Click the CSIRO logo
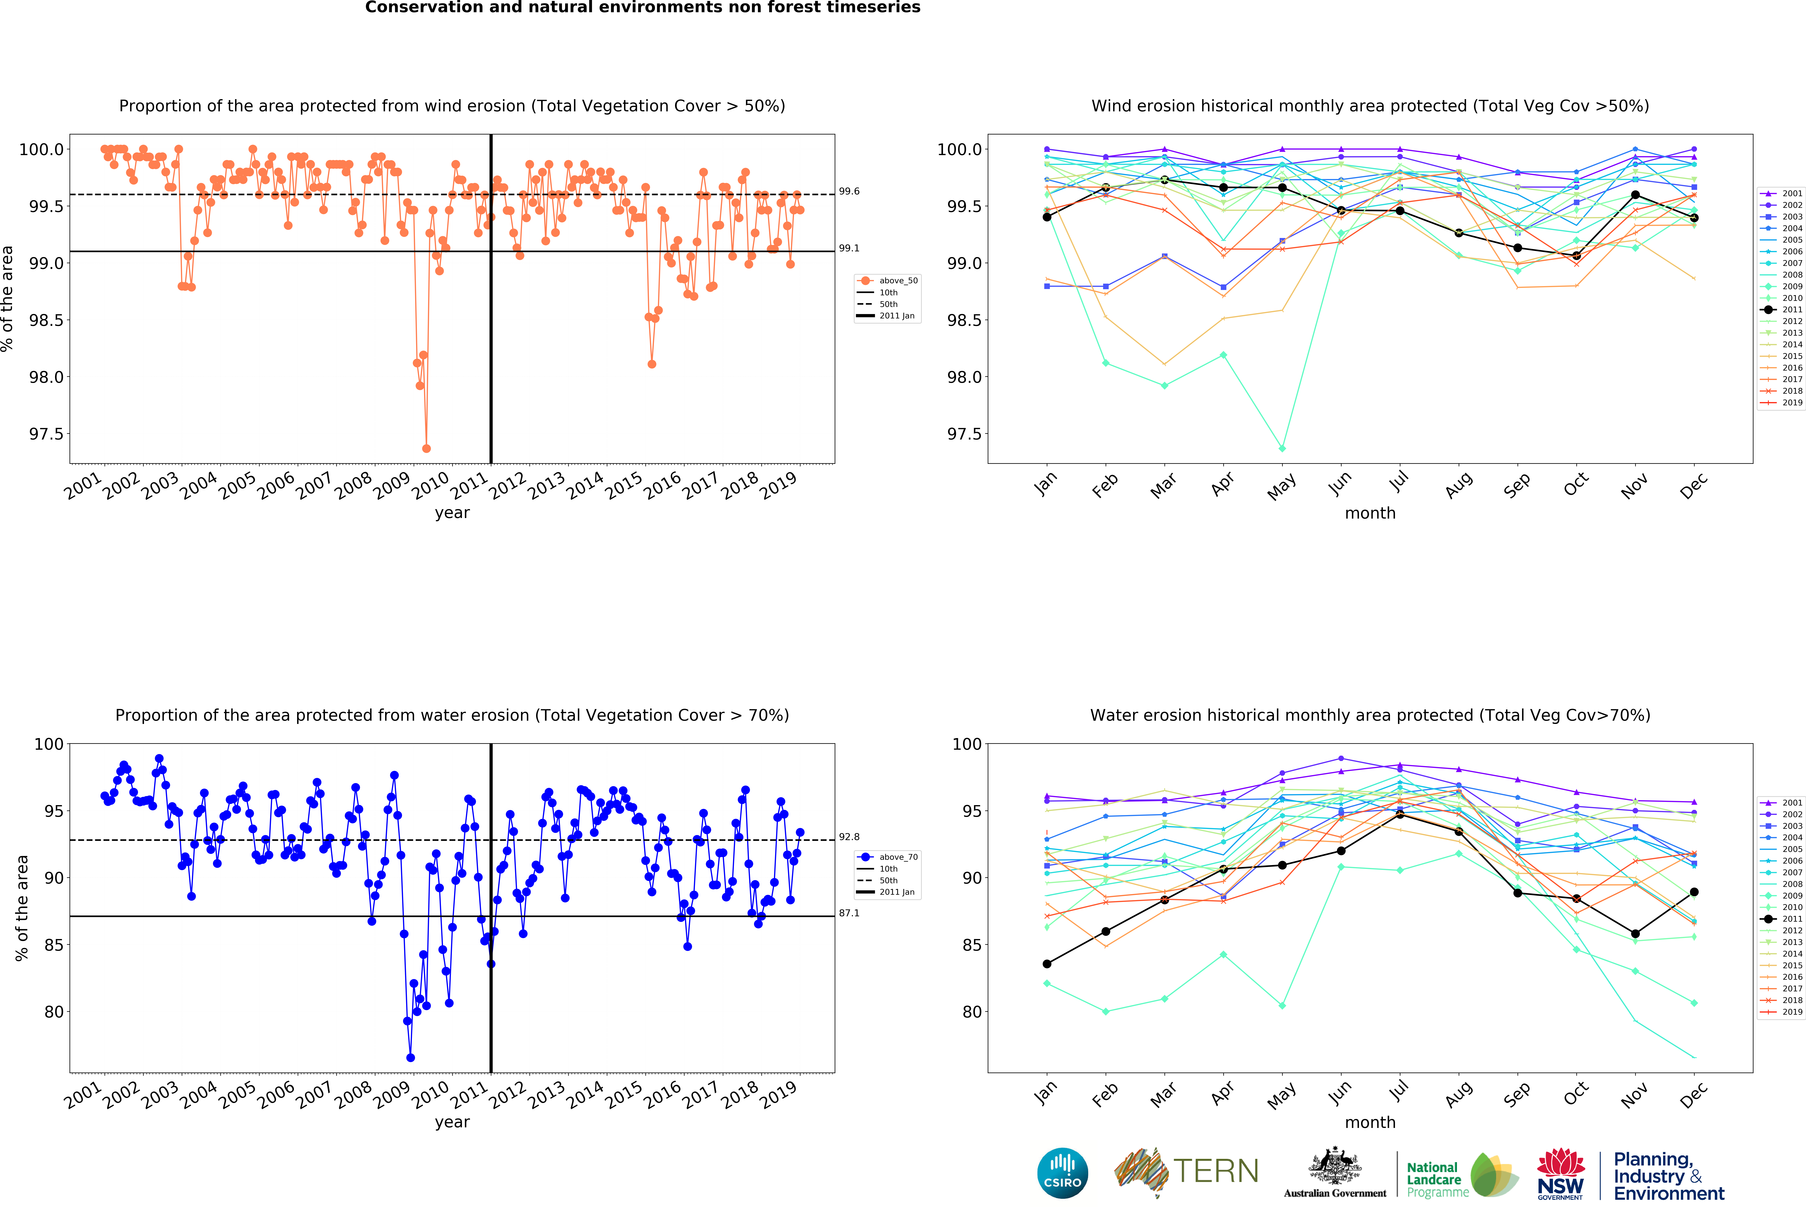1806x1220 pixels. pyautogui.click(x=1062, y=1173)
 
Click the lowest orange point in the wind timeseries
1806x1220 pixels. pyautogui.click(x=426, y=448)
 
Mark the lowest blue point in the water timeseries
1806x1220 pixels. pyautogui.click(x=410, y=1058)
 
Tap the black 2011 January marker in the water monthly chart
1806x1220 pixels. pyautogui.click(x=1047, y=964)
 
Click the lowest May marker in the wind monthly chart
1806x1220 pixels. pyautogui.click(x=1282, y=448)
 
